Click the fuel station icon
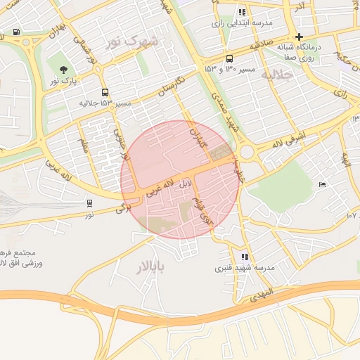[x=16, y=32]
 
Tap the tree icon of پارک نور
[x=64, y=69]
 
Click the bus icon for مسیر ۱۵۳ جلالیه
[x=105, y=92]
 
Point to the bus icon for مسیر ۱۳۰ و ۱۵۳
[x=230, y=59]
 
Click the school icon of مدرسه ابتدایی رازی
[x=243, y=12]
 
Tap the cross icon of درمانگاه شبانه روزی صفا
[x=300, y=37]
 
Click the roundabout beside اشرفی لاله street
[x=247, y=153]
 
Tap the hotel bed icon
[x=323, y=184]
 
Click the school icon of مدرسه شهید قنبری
[x=245, y=257]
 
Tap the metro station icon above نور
[x=89, y=203]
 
